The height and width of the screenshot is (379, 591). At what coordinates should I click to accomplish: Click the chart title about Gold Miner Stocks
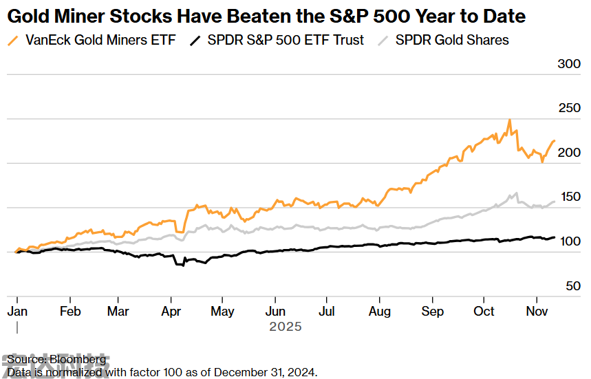click(x=266, y=17)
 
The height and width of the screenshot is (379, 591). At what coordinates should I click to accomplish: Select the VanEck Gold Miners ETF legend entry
click(x=100, y=40)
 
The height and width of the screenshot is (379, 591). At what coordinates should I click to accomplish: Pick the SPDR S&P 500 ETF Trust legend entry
click(x=286, y=40)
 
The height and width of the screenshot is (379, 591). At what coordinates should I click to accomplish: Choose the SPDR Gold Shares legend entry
click(x=452, y=40)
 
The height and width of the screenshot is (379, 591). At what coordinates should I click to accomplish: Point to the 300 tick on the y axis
click(x=568, y=64)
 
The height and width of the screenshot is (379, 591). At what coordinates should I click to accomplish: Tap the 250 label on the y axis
click(x=568, y=108)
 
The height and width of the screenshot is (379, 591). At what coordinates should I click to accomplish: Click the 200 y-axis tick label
click(x=568, y=153)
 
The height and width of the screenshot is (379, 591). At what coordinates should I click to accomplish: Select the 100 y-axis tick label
click(x=568, y=241)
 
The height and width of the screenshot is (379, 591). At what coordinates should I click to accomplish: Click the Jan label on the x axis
click(x=17, y=312)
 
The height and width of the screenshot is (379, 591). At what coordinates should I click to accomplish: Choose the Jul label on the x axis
click(x=328, y=312)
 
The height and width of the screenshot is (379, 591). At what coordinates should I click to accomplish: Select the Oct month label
click(x=484, y=312)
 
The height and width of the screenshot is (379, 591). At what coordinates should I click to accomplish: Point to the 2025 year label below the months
click(x=285, y=327)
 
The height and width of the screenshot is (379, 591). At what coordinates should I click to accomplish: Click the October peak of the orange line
click(x=509, y=120)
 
